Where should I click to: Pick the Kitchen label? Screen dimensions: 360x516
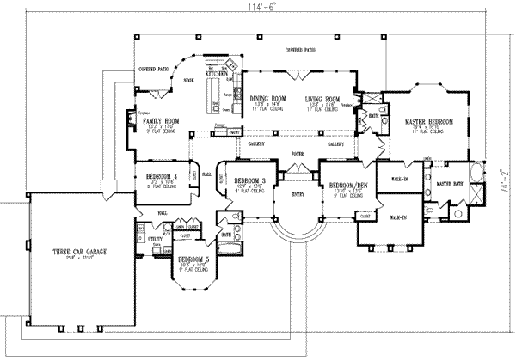217,75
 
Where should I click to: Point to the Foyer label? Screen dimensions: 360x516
298,155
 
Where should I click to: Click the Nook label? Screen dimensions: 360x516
187,79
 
